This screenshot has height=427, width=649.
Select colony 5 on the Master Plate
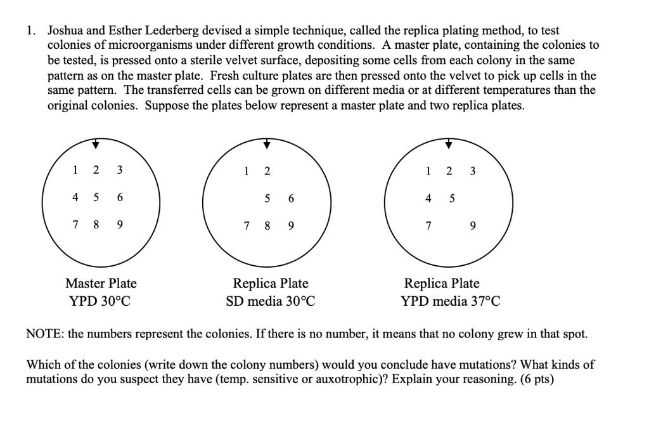click(96, 197)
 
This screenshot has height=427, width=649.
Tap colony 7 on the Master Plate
click(75, 225)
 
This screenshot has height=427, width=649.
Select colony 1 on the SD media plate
click(246, 171)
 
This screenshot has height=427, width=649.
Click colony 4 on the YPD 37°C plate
click(428, 198)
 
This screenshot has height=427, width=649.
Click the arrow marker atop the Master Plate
click(95, 145)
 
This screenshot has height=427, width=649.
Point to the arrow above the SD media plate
click(267, 145)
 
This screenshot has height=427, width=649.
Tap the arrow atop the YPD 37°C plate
click(449, 145)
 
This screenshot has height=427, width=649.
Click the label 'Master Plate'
click(101, 283)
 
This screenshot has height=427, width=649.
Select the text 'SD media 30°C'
click(271, 301)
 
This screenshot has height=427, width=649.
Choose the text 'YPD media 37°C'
click(451, 301)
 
